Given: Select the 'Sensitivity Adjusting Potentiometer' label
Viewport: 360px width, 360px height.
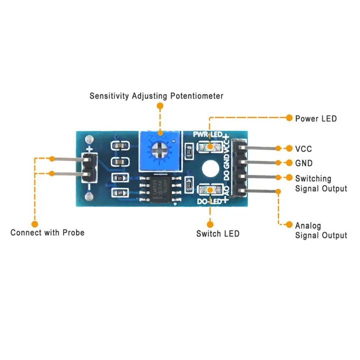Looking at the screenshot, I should tap(156, 95).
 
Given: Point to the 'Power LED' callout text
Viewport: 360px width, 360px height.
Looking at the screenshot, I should tap(315, 118).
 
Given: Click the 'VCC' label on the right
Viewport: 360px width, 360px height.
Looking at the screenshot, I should tap(303, 148).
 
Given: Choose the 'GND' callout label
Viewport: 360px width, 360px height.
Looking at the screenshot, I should tap(303, 163).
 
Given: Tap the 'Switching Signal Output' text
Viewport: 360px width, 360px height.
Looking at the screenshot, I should tap(320, 183).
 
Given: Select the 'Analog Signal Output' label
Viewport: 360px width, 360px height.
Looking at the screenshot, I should tap(320, 230).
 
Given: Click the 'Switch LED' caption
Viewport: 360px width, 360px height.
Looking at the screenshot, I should tap(217, 233).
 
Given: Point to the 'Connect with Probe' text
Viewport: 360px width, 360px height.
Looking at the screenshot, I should tap(47, 232).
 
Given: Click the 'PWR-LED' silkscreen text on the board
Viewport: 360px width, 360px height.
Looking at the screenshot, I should tap(207, 135).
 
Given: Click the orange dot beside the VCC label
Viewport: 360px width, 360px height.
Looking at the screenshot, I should tap(288, 148).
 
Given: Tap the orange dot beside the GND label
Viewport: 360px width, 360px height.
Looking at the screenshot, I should tap(288, 163).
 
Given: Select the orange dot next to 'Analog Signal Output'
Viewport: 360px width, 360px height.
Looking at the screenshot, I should tap(288, 225).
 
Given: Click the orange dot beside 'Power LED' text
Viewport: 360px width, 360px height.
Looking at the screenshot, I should tap(288, 118).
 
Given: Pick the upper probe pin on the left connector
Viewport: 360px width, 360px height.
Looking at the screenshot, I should tap(67, 159).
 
